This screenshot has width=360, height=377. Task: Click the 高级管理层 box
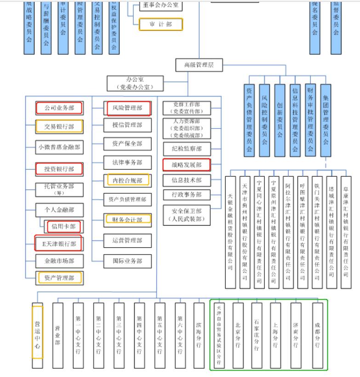pyautogui.click(x=195, y=65)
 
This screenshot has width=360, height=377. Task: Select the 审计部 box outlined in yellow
pyautogui.click(x=160, y=24)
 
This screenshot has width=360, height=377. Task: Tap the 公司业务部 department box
pyautogui.click(x=59, y=108)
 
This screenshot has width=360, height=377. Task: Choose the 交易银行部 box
pyautogui.click(x=59, y=127)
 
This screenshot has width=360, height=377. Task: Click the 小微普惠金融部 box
pyautogui.click(x=59, y=147)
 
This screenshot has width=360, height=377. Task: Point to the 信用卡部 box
pyautogui.click(x=63, y=226)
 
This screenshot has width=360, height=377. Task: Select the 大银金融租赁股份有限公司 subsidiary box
pyautogui.click(x=230, y=232)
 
